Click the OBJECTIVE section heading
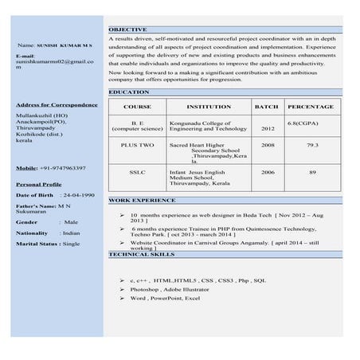coord(127,29)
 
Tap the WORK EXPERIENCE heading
coord(142,201)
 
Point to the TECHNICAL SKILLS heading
coord(141,253)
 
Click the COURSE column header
coord(137,107)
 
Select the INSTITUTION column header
coord(209,107)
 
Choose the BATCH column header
coord(266,107)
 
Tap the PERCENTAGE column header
coord(311,107)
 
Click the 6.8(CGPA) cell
coord(304,123)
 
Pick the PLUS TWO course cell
coord(137,146)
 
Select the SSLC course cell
coord(137,172)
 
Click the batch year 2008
coord(268,146)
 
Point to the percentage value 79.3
coord(312,146)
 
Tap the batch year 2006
coord(268,172)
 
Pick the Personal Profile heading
coord(39,184)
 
